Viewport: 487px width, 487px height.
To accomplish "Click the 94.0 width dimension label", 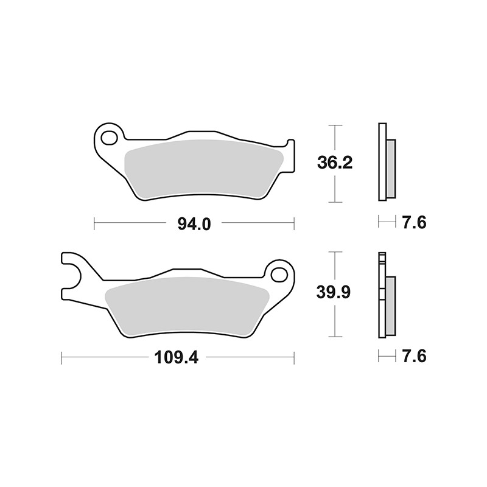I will click(x=194, y=224).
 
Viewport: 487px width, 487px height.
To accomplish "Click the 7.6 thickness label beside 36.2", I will click(x=413, y=223).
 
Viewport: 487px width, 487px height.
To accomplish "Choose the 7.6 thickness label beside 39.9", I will click(x=413, y=356).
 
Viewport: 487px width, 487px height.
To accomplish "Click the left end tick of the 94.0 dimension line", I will click(x=94, y=224).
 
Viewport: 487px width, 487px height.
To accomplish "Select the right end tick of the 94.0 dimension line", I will click(x=294, y=224).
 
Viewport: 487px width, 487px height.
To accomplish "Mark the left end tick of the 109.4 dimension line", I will click(x=61, y=357).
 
